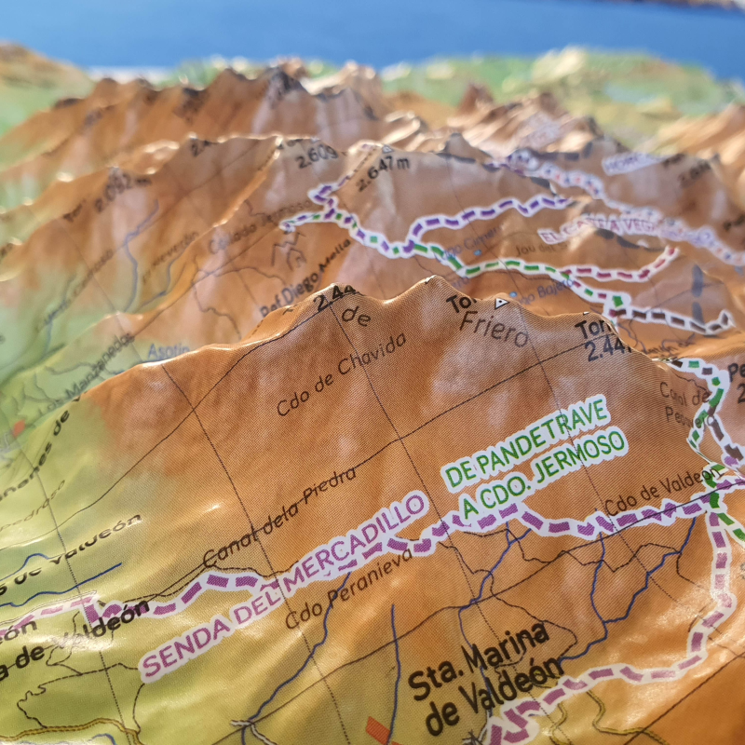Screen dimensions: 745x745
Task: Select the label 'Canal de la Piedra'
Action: tap(279, 516)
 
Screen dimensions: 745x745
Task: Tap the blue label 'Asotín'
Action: tap(168, 350)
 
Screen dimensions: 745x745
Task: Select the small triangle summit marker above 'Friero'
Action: tap(501, 303)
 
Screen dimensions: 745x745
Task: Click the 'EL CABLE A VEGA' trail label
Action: tap(605, 226)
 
